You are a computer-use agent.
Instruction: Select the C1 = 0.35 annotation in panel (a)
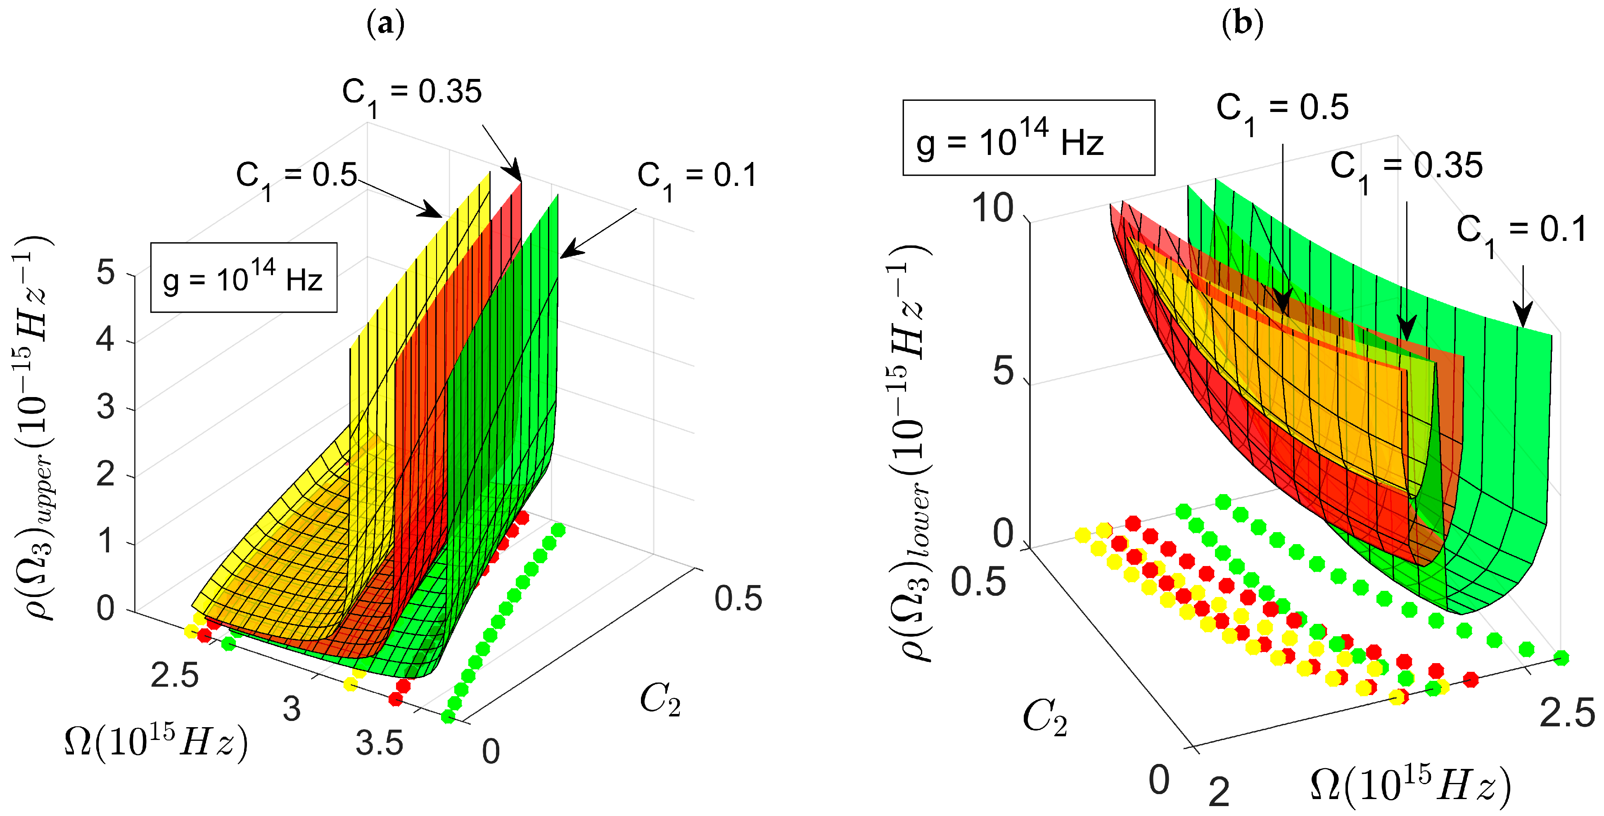coord(412,93)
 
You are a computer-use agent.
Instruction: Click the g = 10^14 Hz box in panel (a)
coord(244,278)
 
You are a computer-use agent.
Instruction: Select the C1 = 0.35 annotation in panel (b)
coord(1406,168)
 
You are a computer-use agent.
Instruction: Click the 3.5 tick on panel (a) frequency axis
coord(379,743)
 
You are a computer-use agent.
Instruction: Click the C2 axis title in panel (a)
coord(660,699)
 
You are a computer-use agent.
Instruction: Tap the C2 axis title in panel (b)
coord(1045,718)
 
